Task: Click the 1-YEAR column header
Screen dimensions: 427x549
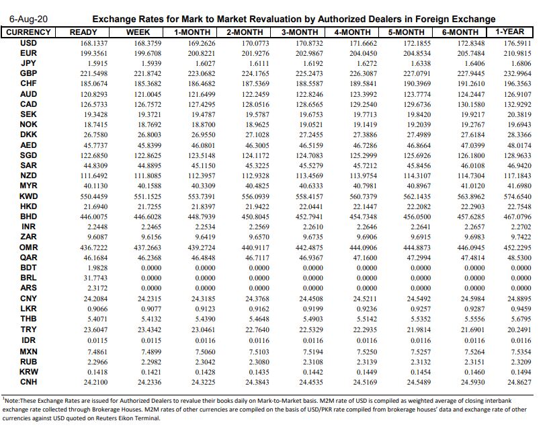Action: pyautogui.click(x=509, y=32)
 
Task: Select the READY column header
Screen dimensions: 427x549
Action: pyautogui.click(x=83, y=32)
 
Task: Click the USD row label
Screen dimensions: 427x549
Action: pyautogui.click(x=29, y=42)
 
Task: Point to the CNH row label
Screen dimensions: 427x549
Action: pyautogui.click(x=29, y=382)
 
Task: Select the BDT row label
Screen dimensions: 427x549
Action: pyautogui.click(x=29, y=267)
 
